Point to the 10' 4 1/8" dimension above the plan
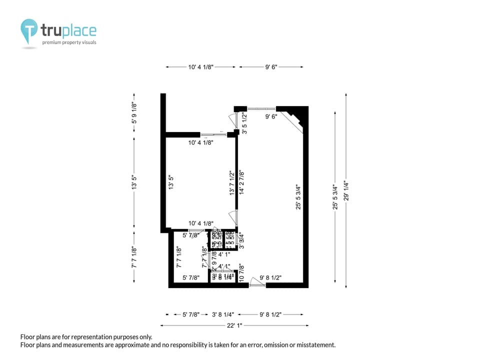pyautogui.click(x=201, y=66)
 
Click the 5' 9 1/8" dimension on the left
pyautogui.click(x=134, y=113)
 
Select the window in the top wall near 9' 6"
pyautogui.click(x=261, y=108)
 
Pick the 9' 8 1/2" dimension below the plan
pyautogui.click(x=270, y=314)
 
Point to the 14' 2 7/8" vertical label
pyautogui.click(x=241, y=182)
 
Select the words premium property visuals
pyautogui.click(x=69, y=43)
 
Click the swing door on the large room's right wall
pyautogui.click(x=233, y=218)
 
